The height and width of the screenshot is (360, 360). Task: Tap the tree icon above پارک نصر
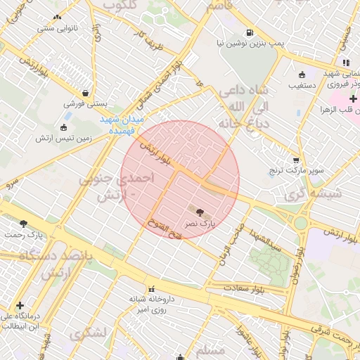(x=201, y=211)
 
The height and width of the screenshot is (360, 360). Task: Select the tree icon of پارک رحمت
(x=24, y=224)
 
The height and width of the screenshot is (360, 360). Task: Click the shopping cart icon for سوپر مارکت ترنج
(x=297, y=160)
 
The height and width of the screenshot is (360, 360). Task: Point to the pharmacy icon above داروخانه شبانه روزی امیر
(x=150, y=288)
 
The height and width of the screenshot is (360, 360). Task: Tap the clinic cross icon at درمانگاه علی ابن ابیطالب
(x=20, y=306)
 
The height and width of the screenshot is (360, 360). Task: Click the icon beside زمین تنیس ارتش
(x=64, y=128)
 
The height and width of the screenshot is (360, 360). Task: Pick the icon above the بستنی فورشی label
(x=86, y=93)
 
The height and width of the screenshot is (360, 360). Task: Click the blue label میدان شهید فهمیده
(x=121, y=124)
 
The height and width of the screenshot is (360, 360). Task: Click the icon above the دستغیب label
(x=302, y=75)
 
